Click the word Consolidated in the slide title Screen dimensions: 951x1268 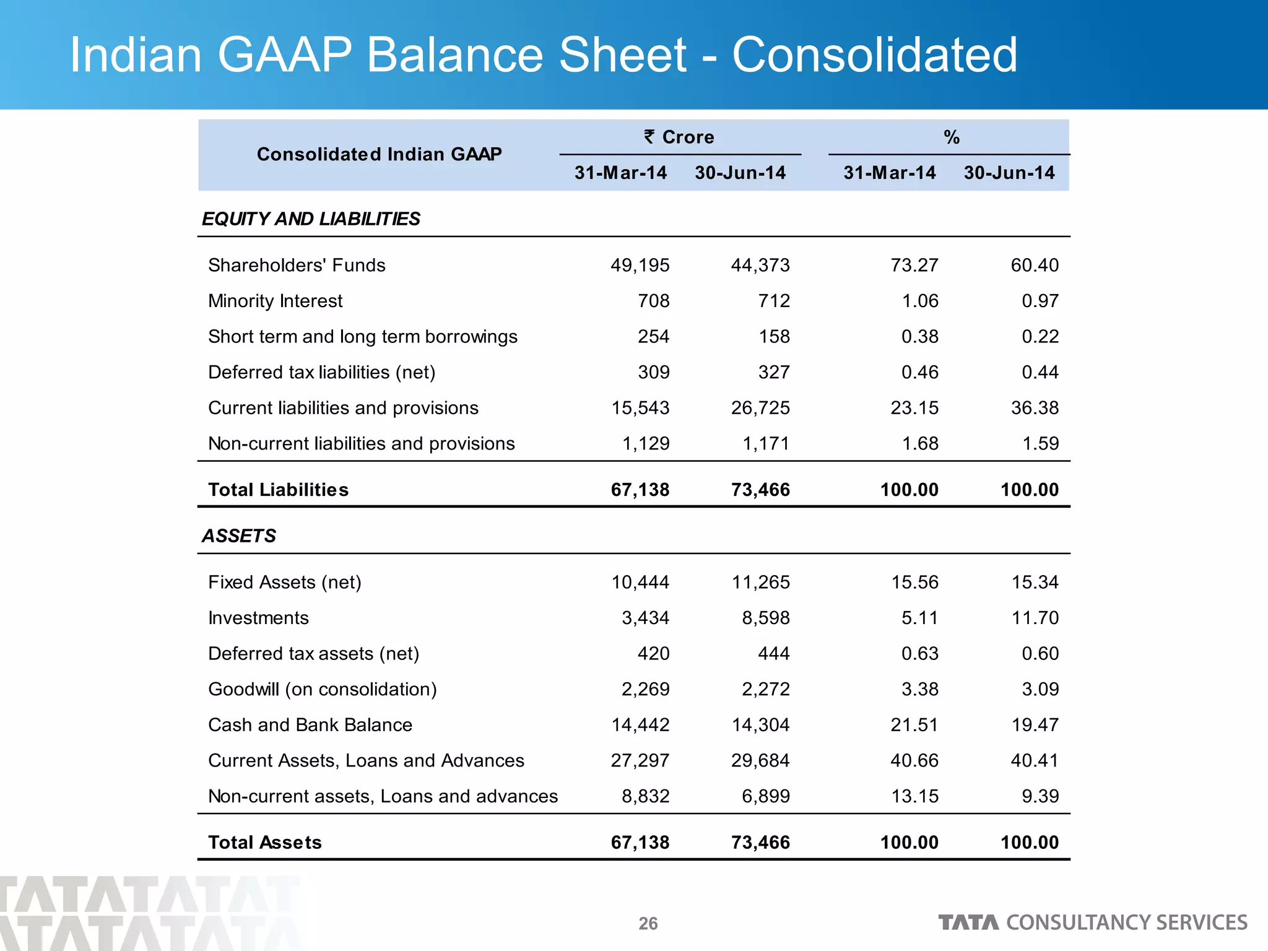click(x=874, y=55)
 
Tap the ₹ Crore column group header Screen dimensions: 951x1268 click(x=679, y=137)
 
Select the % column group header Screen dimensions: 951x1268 click(x=952, y=137)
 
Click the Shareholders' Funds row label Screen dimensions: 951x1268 click(x=297, y=265)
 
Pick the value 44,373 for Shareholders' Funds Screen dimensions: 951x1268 click(x=760, y=265)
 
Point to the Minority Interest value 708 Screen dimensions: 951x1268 click(x=653, y=301)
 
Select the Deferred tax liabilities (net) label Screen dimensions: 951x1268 click(x=322, y=372)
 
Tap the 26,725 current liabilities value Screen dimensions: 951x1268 click(x=760, y=408)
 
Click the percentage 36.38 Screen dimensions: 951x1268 click(x=1035, y=408)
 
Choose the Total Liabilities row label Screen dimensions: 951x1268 click(x=278, y=490)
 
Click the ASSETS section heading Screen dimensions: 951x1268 click(x=239, y=536)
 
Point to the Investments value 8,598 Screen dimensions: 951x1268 click(x=766, y=618)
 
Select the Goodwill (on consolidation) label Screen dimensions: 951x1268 click(x=323, y=689)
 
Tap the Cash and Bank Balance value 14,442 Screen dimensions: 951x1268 click(x=640, y=725)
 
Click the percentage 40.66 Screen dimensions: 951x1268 click(x=914, y=760)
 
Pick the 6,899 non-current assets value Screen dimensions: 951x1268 click(x=766, y=796)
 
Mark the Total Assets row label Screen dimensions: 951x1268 click(x=265, y=843)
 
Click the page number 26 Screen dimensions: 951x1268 click(x=648, y=923)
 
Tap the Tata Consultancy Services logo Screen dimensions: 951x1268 click(x=1092, y=923)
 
